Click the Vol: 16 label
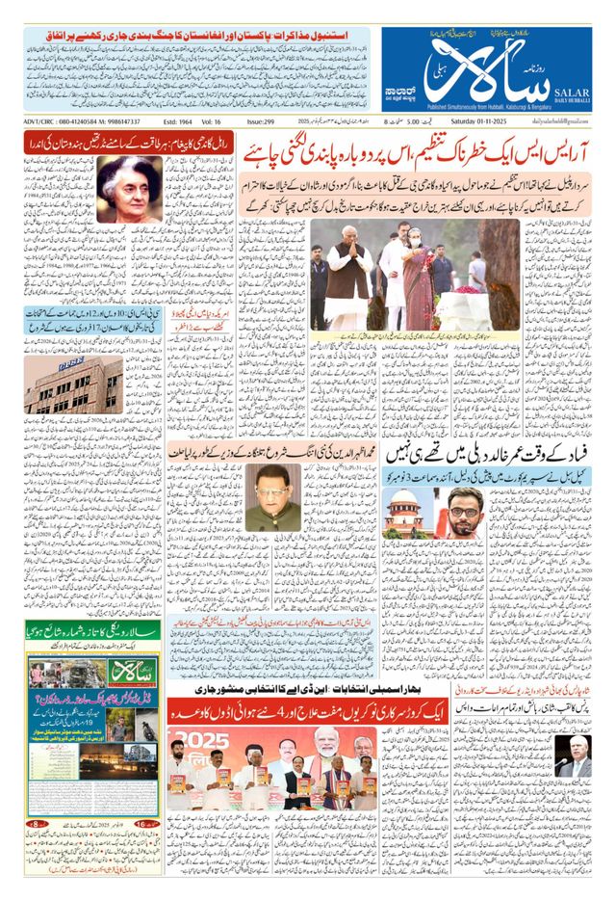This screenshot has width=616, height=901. (224, 121)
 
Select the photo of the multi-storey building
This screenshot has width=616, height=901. (74, 385)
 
